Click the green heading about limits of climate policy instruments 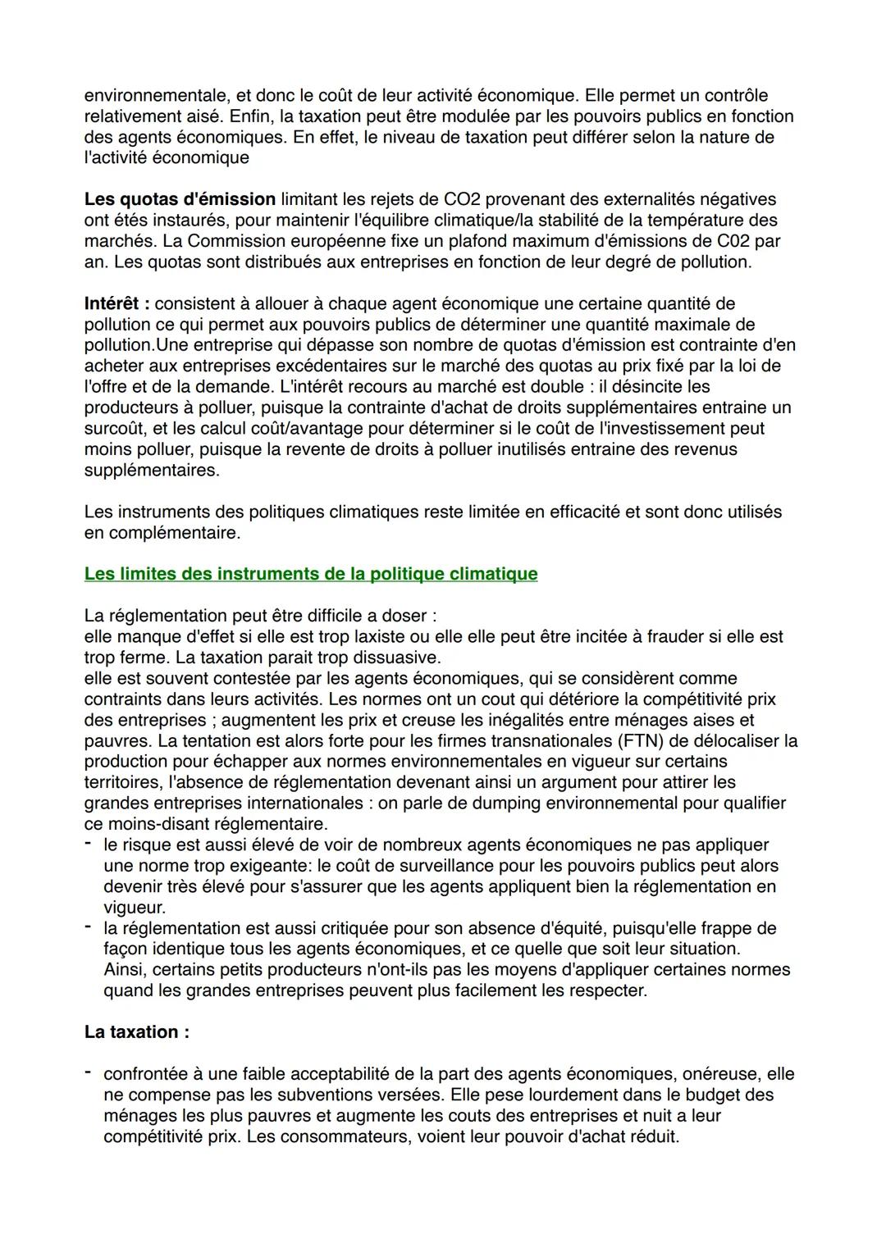coord(310,574)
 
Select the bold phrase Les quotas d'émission coord(180,199)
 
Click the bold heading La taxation coord(136,1032)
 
